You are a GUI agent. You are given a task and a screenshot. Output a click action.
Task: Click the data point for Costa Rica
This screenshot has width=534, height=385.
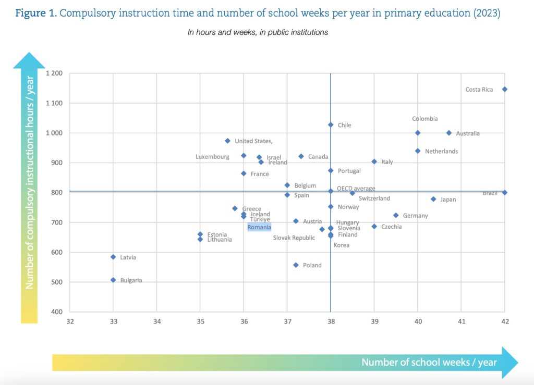tap(504, 90)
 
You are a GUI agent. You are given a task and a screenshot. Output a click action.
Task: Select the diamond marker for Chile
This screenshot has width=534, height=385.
tap(331, 125)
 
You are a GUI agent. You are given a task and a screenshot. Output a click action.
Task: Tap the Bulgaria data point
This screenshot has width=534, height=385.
tap(113, 280)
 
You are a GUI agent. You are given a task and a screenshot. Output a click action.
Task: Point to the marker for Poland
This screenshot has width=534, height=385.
tap(296, 265)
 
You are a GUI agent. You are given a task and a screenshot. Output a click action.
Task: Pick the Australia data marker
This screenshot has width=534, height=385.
tap(449, 133)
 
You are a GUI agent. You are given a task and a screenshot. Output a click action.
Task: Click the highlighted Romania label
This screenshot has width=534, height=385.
tap(259, 227)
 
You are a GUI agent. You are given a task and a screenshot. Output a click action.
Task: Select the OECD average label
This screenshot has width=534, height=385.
tap(356, 189)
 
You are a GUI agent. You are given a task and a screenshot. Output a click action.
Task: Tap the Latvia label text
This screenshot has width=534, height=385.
tap(128, 257)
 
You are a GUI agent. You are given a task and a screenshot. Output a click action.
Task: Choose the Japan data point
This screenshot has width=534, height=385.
tap(433, 199)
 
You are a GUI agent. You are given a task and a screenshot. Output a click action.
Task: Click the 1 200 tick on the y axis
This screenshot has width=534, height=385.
tap(54, 73)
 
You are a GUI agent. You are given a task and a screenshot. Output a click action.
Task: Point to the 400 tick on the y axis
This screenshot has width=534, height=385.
tap(57, 312)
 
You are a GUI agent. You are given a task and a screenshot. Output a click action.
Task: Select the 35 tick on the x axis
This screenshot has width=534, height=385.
tap(200, 321)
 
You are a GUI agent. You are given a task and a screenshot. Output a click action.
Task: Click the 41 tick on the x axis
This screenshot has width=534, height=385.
tap(461, 321)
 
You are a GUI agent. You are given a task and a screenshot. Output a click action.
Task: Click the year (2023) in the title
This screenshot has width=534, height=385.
tap(486, 14)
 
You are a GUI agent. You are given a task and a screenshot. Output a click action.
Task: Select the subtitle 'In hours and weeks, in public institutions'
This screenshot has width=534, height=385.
tap(258, 32)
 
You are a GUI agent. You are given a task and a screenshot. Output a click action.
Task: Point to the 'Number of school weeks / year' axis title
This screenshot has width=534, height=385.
tap(429, 362)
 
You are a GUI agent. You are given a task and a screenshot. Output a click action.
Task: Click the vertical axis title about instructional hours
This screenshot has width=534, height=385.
tap(30, 182)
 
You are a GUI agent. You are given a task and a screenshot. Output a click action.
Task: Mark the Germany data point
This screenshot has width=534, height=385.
tap(396, 215)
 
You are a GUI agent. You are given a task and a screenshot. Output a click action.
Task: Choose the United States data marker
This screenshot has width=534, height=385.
tap(227, 141)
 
